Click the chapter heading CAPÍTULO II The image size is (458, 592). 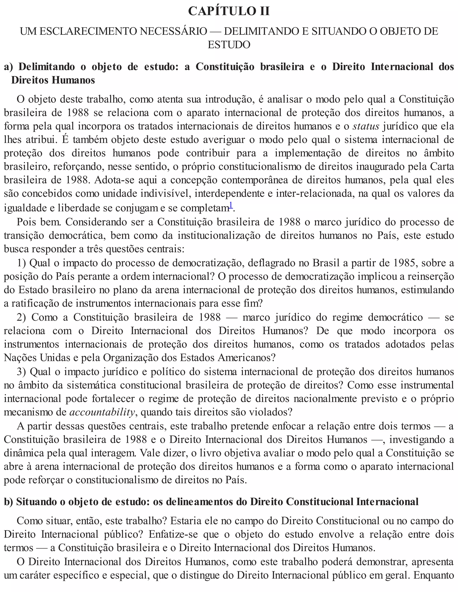pos(229,11)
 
